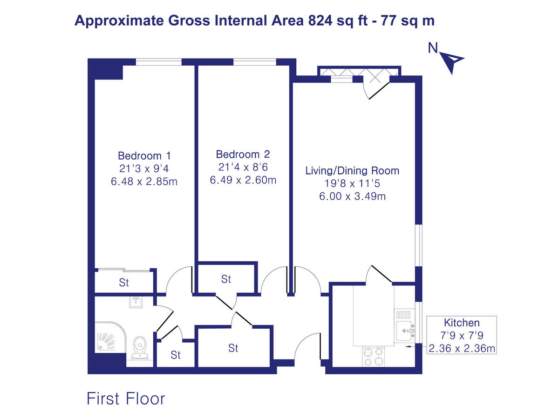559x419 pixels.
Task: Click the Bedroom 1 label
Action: pyautogui.click(x=144, y=155)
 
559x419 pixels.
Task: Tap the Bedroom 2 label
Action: pyautogui.click(x=243, y=155)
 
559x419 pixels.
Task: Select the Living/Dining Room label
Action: pyautogui.click(x=352, y=170)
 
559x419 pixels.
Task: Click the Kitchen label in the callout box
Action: pyautogui.click(x=462, y=322)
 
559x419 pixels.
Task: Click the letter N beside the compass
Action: pyautogui.click(x=433, y=47)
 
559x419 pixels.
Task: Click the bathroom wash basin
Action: pyautogui.click(x=136, y=303)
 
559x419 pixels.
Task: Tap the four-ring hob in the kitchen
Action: pyautogui.click(x=373, y=356)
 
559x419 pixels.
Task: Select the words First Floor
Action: pyautogui.click(x=126, y=399)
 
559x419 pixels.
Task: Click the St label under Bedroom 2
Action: pyautogui.click(x=226, y=279)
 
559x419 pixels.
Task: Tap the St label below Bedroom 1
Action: pyautogui.click(x=124, y=283)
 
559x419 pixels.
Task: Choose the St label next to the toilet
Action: pyautogui.click(x=176, y=355)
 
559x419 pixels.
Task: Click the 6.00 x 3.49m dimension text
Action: pyautogui.click(x=352, y=196)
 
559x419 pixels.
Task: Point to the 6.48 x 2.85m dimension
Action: pyautogui.click(x=144, y=182)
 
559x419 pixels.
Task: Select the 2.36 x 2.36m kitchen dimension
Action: pyautogui.click(x=462, y=348)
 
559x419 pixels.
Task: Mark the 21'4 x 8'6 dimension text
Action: pyautogui.click(x=243, y=167)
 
